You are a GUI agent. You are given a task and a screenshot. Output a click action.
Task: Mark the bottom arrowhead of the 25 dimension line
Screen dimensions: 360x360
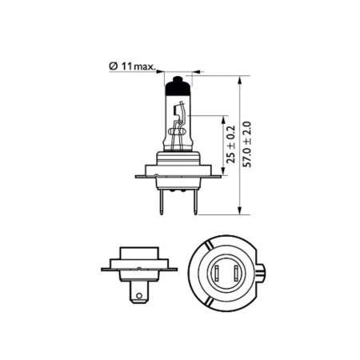pos(222,169)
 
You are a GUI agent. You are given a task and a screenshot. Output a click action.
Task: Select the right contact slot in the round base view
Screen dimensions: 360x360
pos(227,272)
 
